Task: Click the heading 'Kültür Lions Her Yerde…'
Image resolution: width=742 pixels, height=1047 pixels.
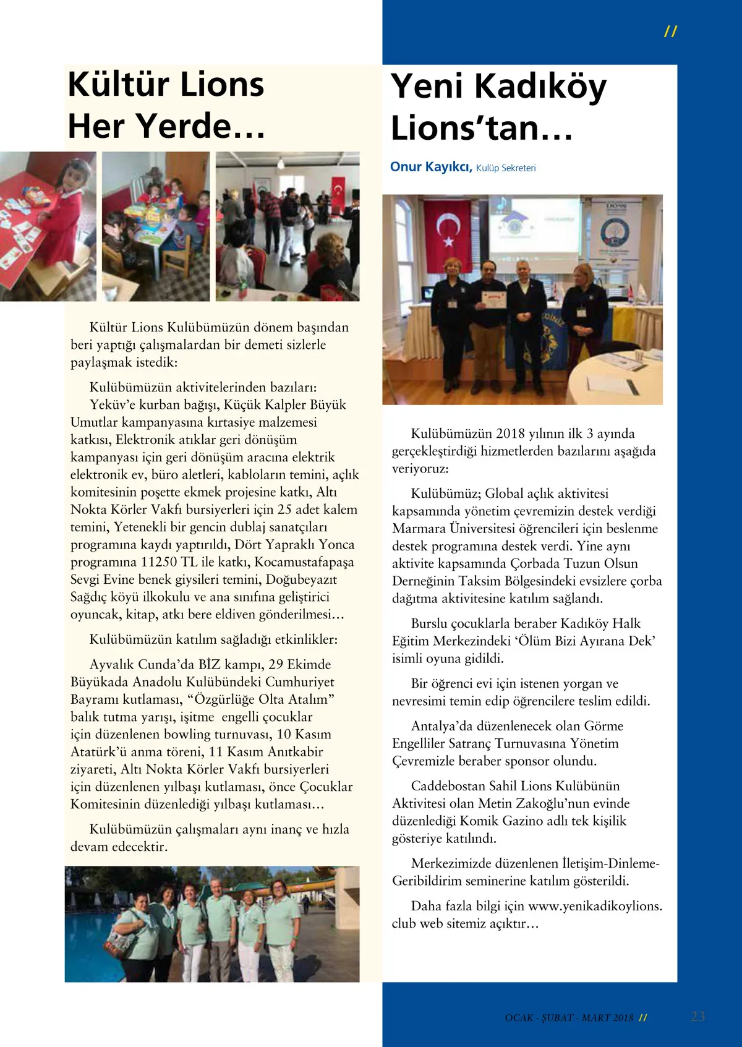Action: point(166,105)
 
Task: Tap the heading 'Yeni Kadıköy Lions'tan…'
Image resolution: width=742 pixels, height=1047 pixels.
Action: point(498,106)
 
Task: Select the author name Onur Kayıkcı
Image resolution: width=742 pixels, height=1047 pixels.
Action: point(431,167)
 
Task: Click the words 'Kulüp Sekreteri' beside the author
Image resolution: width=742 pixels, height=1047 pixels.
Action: point(506,168)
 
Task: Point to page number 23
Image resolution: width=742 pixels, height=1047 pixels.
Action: point(697,1016)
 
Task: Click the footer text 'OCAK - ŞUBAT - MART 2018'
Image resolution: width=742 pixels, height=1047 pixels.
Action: point(569,1018)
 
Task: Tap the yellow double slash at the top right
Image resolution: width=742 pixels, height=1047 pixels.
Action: point(670,32)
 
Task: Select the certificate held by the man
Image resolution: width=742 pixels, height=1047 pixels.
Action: point(493,300)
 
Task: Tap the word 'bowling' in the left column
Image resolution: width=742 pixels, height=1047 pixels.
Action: point(187,735)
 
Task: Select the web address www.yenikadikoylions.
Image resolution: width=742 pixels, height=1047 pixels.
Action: point(595,907)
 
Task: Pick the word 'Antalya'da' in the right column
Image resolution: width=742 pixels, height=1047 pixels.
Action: point(441,726)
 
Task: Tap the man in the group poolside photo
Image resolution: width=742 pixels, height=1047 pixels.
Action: point(219,921)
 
